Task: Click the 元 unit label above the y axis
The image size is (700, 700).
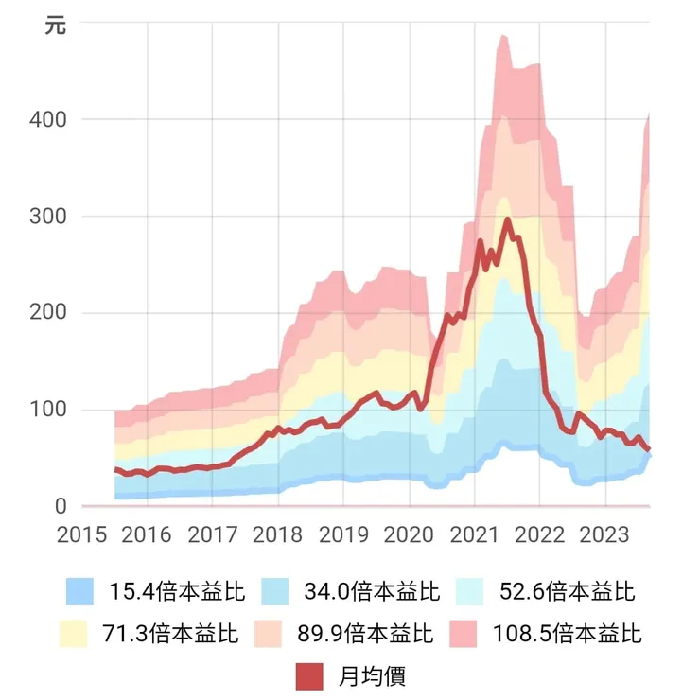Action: (x=56, y=26)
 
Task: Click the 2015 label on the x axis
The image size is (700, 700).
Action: (x=82, y=534)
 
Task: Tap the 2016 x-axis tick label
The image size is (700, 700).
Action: (x=148, y=534)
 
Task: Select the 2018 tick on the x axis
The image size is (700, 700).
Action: (x=278, y=534)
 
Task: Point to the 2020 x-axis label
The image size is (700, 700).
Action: (x=409, y=534)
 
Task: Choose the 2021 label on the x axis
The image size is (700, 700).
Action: (x=474, y=534)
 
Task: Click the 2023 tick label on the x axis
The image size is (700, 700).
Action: (x=604, y=534)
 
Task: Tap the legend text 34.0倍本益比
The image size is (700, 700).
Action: (x=372, y=593)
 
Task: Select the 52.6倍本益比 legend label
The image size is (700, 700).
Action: (x=567, y=593)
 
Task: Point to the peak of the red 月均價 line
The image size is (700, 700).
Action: (x=508, y=219)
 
